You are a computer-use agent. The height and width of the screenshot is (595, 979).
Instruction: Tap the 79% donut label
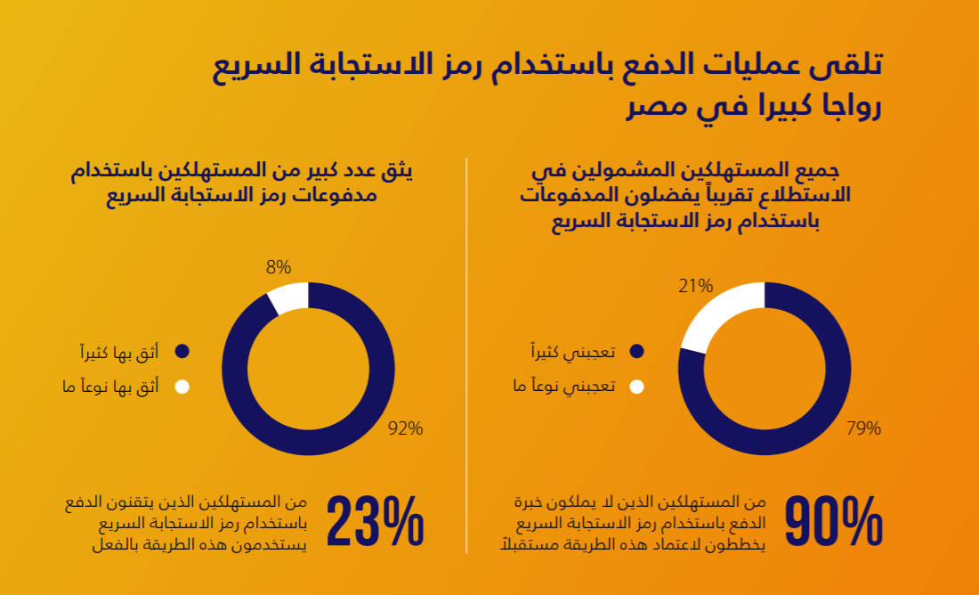(x=863, y=428)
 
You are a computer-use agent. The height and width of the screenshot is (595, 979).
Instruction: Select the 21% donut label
(x=695, y=286)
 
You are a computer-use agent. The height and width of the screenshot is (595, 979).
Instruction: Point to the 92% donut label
(x=405, y=428)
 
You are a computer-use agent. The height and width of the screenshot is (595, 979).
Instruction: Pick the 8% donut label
(x=279, y=266)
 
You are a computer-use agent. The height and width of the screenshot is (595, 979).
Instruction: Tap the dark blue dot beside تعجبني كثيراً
(x=635, y=353)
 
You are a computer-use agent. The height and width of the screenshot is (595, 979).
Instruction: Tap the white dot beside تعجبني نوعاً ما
(x=635, y=387)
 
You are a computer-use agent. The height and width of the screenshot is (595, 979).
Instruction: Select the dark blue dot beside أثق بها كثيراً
(x=182, y=352)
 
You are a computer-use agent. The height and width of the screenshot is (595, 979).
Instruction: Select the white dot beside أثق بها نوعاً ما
(x=182, y=387)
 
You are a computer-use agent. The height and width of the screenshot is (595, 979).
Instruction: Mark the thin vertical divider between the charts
(x=466, y=356)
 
